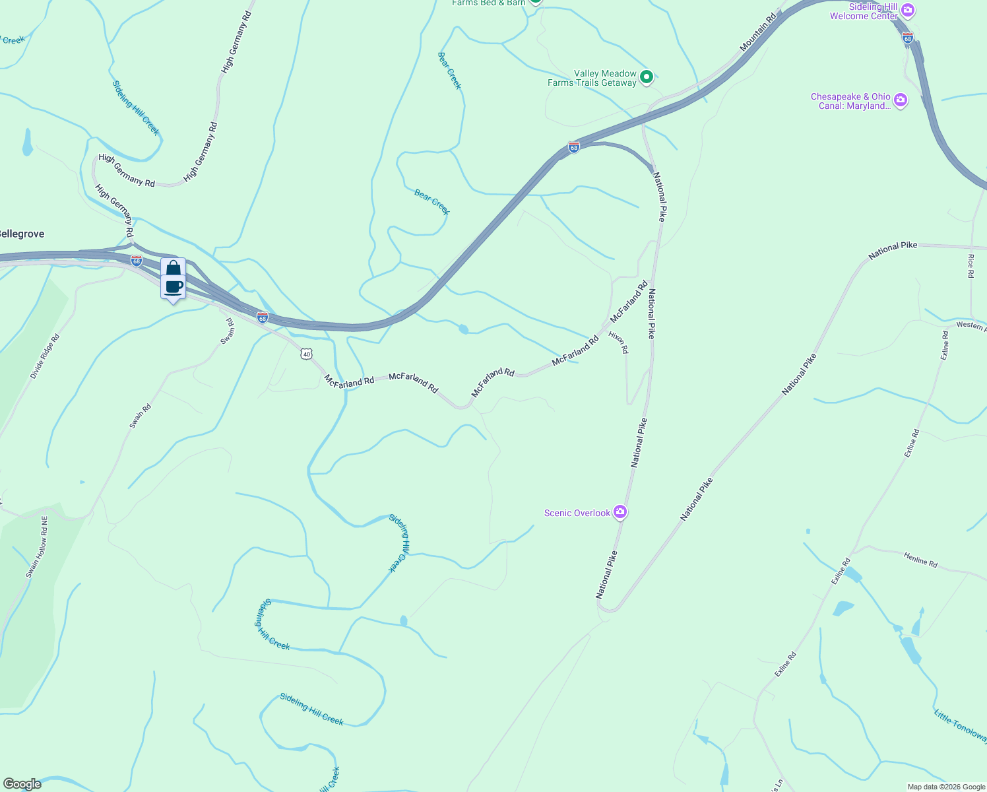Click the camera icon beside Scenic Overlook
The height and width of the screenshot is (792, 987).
coord(620,512)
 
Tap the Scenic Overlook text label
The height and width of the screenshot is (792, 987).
coord(577,513)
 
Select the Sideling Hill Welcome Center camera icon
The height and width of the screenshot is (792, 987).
coord(908,10)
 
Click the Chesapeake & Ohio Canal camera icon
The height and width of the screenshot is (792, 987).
coord(901,100)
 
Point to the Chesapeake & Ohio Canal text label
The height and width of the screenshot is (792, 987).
coord(850,101)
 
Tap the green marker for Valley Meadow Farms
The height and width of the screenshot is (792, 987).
coord(647,77)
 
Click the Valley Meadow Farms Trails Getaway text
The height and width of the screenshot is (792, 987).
coord(592,78)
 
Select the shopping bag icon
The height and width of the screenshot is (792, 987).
coord(173,268)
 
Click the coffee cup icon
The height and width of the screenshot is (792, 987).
coord(173,287)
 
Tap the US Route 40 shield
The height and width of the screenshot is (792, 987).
coord(305,354)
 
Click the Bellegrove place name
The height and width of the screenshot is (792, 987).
coord(21,234)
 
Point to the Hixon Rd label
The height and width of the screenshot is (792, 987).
coord(619,343)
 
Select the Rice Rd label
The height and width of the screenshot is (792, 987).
coord(971,266)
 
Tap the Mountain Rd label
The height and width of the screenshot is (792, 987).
coord(758,33)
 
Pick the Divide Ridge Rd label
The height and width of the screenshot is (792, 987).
coord(45,356)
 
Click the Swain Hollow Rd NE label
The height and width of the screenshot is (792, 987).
coord(37,547)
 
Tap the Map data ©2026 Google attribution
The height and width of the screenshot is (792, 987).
coord(946,787)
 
